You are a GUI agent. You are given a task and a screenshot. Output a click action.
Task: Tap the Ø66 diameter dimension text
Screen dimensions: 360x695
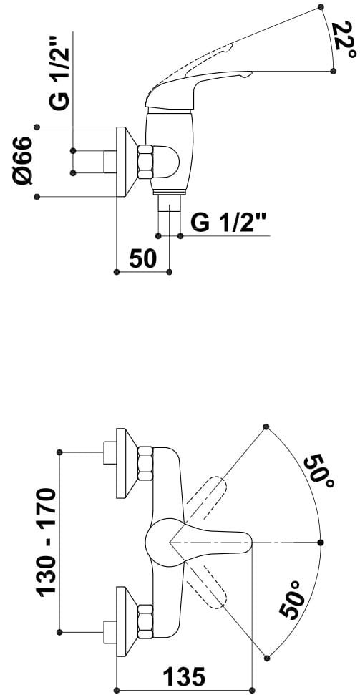(x=23, y=161)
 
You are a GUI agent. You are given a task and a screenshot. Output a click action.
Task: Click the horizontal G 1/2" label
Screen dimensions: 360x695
(x=229, y=222)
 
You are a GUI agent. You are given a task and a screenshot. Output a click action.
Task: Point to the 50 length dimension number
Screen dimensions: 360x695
(x=143, y=258)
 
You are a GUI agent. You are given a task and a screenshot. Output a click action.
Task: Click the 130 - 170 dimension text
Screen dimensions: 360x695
(x=47, y=542)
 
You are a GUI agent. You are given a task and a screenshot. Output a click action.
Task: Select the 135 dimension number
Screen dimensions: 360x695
(x=184, y=677)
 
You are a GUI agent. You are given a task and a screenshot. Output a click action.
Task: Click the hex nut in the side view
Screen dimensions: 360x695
(x=145, y=162)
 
